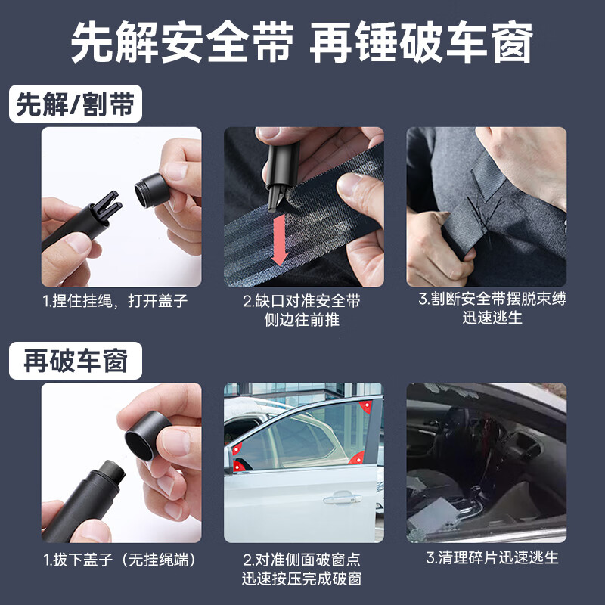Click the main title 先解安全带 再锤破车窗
click(x=302, y=43)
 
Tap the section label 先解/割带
click(x=76, y=105)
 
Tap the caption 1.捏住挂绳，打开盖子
click(x=114, y=301)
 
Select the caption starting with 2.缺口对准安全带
click(x=302, y=310)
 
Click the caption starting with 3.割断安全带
click(x=492, y=309)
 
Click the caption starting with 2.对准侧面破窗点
click(x=302, y=569)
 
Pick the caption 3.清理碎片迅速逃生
click(x=492, y=558)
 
